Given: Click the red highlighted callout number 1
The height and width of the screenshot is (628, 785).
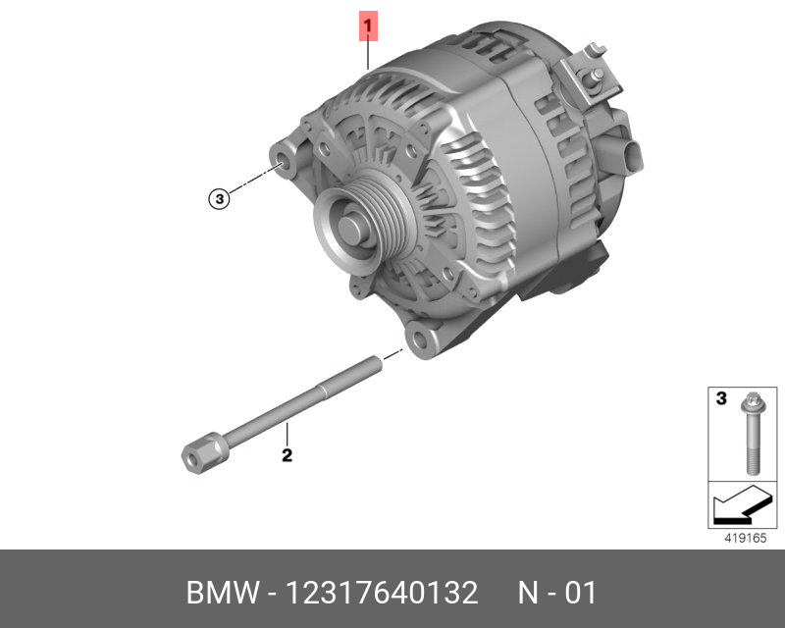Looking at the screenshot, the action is (x=368, y=26).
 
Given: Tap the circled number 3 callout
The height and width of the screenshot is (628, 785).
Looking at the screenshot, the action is (x=219, y=199).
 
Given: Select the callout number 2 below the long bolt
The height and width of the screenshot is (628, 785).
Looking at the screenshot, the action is (x=287, y=455).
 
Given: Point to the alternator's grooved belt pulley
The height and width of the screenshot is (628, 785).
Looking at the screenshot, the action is (x=365, y=227).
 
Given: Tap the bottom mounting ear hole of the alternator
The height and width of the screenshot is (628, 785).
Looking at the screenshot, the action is (x=420, y=340).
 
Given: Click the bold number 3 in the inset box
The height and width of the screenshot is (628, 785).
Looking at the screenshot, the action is (x=721, y=398).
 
